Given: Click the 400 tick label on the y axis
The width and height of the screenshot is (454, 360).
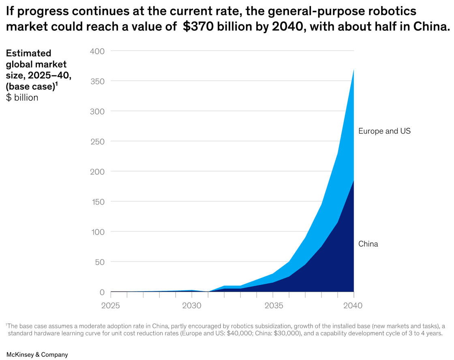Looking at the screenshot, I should pos(97,51).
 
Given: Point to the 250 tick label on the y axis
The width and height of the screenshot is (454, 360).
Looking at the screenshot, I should pos(97,141).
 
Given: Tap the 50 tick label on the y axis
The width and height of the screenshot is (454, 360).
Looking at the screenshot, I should pos(100,262).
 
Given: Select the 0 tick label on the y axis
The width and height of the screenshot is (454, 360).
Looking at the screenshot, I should pos(102,292).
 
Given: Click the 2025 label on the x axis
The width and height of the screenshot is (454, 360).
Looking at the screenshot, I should pos(110,305).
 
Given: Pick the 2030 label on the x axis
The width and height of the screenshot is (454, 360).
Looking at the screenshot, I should pos(191,305).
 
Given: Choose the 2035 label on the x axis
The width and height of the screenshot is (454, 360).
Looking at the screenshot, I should pos(272,305).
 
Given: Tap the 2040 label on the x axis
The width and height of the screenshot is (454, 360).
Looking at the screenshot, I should pos(353,305).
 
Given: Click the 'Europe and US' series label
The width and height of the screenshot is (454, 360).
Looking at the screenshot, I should pos(384,131).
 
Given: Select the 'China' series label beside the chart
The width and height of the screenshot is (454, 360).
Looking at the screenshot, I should pos(368,244).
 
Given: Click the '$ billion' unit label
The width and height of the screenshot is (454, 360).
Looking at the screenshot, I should pos(22,98).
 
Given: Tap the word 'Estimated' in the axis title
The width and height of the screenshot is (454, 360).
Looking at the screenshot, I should pos(29,53).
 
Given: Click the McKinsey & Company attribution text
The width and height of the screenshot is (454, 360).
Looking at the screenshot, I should pos(37,355).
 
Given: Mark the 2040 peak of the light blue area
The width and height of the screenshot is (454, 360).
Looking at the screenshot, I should pos(353,70).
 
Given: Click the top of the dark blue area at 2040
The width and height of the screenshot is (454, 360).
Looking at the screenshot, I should pos(353,181).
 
